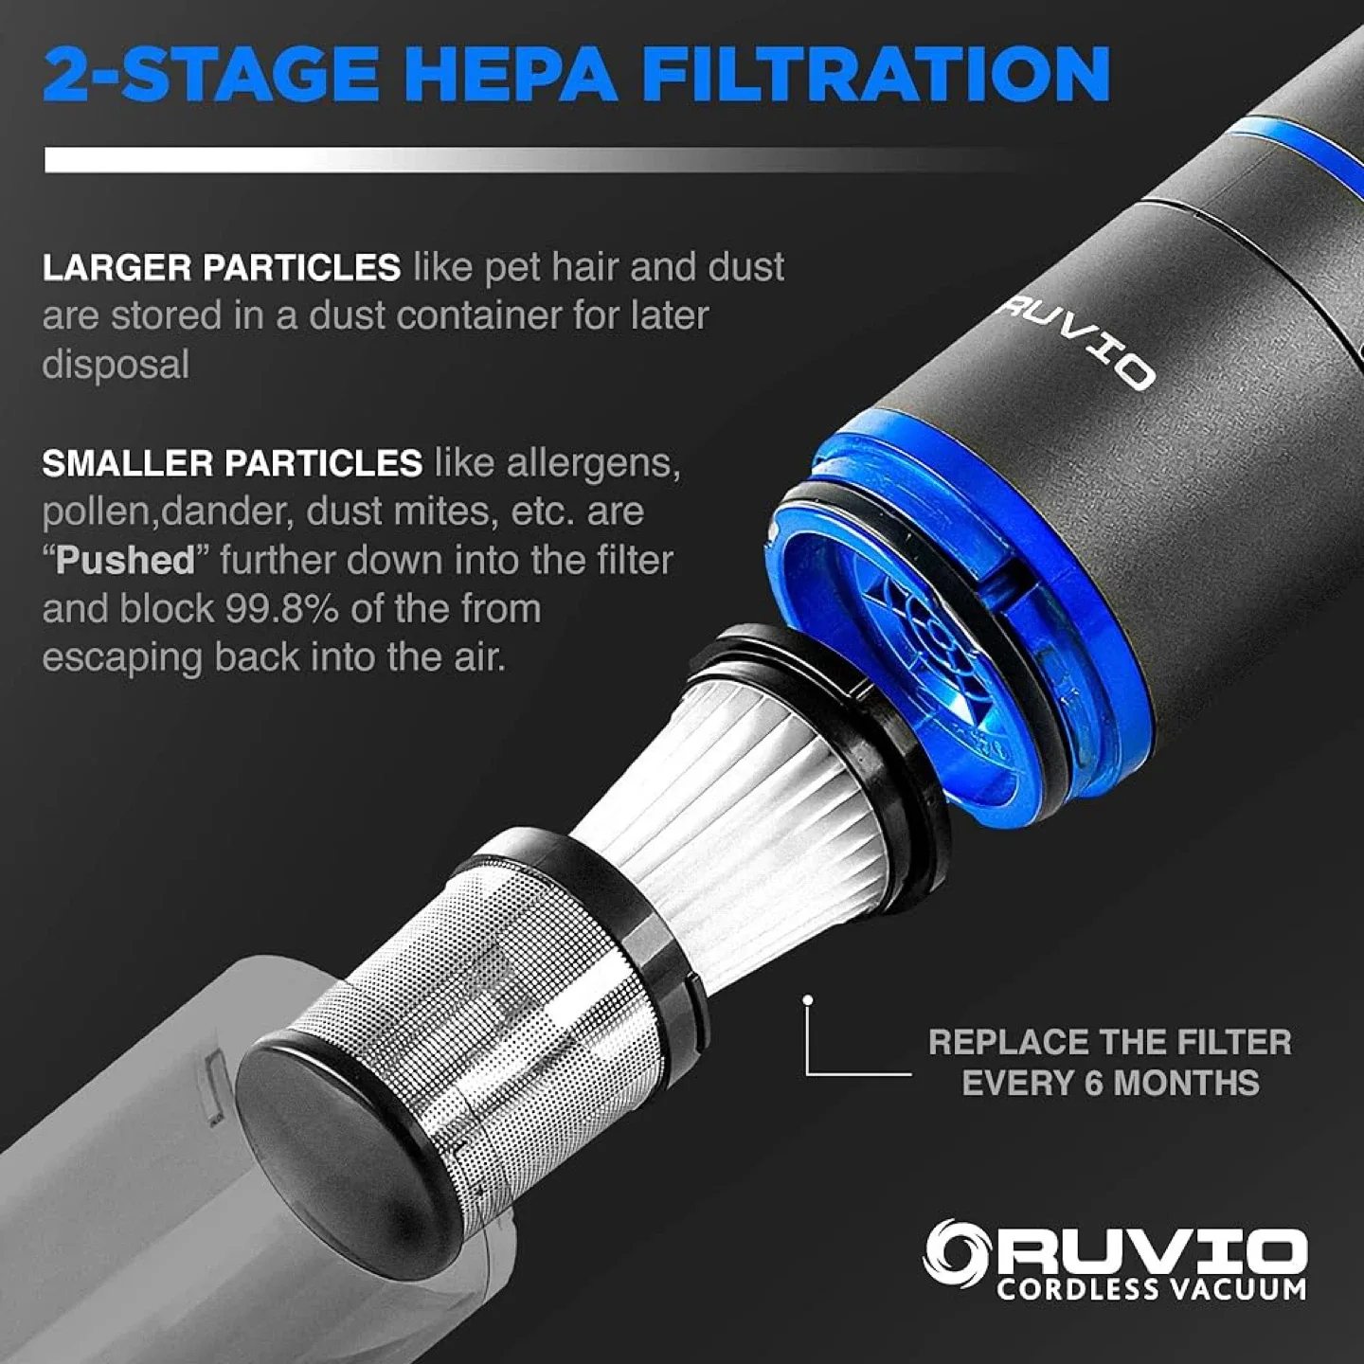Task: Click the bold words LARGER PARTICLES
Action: tap(221, 268)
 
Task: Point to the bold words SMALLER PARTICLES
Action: tap(232, 463)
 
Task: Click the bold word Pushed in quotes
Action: tap(124, 561)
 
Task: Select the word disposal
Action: tap(116, 366)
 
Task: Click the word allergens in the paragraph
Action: tap(593, 463)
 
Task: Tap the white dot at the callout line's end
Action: tap(807, 999)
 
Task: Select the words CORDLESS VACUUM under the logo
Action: tap(1150, 1289)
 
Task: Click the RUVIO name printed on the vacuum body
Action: tap(1078, 347)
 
